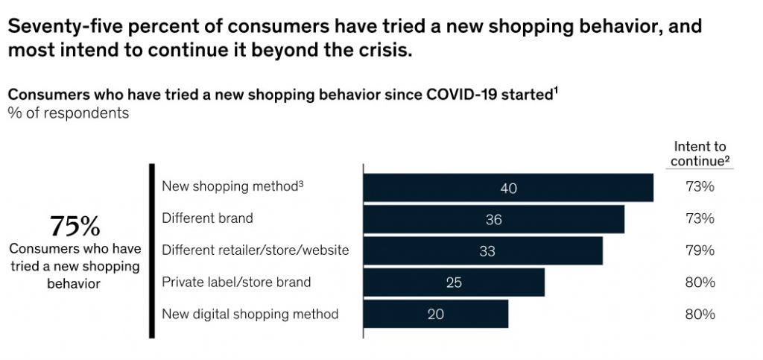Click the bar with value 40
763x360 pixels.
point(508,188)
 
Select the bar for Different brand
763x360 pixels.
point(493,219)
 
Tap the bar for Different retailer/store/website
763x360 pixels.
point(483,251)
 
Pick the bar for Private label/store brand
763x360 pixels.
point(454,282)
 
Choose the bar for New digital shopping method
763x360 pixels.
point(436,314)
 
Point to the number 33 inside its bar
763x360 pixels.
point(487,251)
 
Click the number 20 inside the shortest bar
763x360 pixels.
point(436,314)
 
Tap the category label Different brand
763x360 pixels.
point(207,218)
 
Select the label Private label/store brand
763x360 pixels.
point(236,282)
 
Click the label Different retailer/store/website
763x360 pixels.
point(255,250)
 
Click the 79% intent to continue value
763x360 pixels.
point(700,250)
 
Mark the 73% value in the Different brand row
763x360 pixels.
point(700,218)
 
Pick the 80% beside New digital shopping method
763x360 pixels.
point(700,314)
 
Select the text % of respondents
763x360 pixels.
point(68,113)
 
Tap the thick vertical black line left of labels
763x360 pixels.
point(152,251)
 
